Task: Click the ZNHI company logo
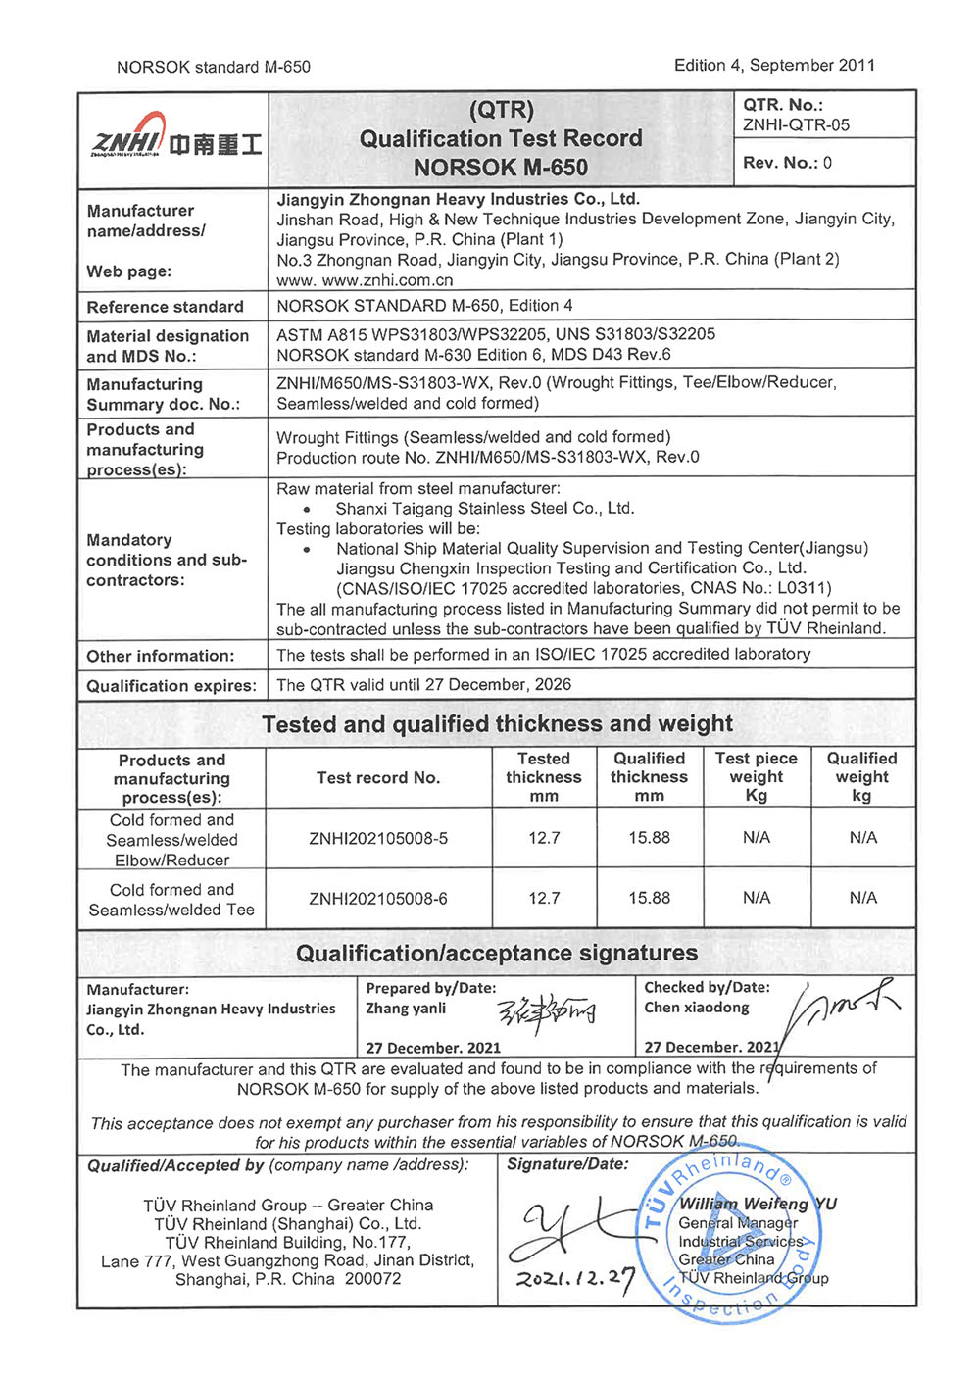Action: [174, 140]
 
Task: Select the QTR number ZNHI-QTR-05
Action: [796, 125]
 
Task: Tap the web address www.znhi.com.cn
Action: [365, 280]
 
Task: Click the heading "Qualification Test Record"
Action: [501, 139]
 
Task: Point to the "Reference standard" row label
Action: [165, 307]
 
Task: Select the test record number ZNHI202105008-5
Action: [378, 839]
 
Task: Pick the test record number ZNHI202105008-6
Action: [378, 899]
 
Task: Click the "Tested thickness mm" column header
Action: [544, 777]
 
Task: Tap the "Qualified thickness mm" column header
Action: [649, 777]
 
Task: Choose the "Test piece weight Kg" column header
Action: [757, 777]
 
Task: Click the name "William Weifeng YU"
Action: [758, 1204]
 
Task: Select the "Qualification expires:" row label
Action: [171, 686]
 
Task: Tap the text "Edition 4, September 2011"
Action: [774, 65]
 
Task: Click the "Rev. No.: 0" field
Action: [787, 163]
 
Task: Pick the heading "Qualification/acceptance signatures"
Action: [497, 954]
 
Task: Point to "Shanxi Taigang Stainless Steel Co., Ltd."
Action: [484, 509]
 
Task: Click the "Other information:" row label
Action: [161, 656]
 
